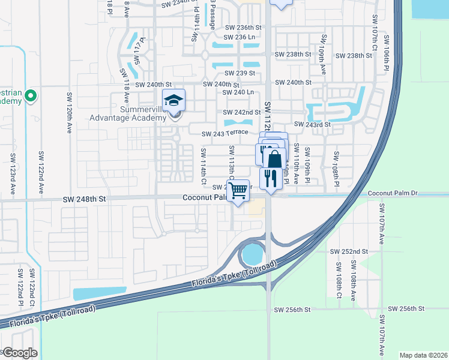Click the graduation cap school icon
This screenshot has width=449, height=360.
[174, 100]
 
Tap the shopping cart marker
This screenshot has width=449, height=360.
[238, 191]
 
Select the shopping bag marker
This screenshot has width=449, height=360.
[274, 160]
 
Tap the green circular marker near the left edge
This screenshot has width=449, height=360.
[31, 95]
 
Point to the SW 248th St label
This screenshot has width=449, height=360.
[85, 198]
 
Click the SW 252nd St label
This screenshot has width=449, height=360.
[351, 251]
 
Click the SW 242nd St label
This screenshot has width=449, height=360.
[242, 112]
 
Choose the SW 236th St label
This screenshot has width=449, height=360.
[244, 28]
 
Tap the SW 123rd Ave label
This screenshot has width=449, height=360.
[13, 174]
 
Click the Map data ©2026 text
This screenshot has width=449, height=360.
[423, 355]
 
